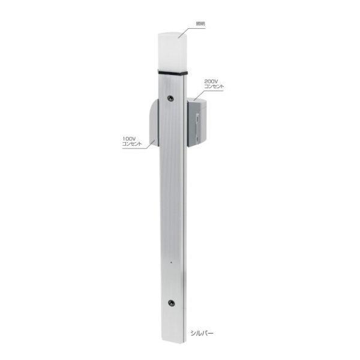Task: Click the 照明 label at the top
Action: point(200,25)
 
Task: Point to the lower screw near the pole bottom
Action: point(172,302)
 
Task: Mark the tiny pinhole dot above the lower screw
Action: point(172,263)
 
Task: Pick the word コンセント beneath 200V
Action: point(214,87)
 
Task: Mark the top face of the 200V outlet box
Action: point(199,100)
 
